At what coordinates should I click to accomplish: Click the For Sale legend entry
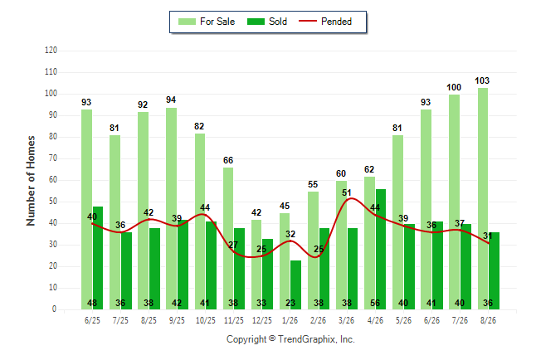(x=207, y=22)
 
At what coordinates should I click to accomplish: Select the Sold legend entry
(x=267, y=22)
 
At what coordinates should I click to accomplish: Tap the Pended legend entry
(x=325, y=22)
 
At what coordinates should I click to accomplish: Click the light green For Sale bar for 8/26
(x=483, y=198)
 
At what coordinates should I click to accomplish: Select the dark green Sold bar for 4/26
(x=381, y=249)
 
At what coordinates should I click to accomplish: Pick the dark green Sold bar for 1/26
(x=296, y=285)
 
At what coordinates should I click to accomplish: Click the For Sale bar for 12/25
(x=256, y=265)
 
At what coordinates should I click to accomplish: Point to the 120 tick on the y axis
(x=51, y=51)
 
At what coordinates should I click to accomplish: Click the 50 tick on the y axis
(x=53, y=202)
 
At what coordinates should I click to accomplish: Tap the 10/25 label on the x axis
(x=206, y=320)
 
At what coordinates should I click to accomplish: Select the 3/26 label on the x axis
(x=346, y=320)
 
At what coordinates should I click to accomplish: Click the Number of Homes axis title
(x=31, y=181)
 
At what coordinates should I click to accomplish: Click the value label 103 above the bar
(x=482, y=80)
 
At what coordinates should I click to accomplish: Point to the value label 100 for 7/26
(x=454, y=88)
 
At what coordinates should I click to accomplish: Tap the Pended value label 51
(x=347, y=192)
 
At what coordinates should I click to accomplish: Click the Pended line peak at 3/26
(x=352, y=198)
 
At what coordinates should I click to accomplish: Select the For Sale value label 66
(x=228, y=160)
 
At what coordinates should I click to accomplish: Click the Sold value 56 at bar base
(x=375, y=303)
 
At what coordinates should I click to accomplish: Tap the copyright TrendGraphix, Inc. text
(x=290, y=339)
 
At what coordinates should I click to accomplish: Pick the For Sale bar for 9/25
(x=171, y=208)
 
